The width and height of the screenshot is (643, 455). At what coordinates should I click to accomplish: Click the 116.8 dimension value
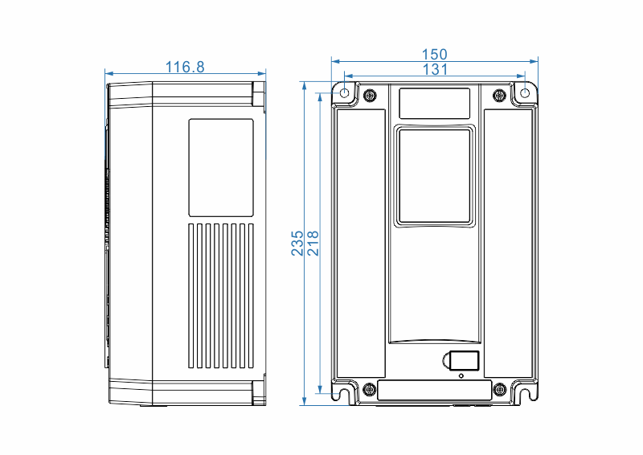coord(185,68)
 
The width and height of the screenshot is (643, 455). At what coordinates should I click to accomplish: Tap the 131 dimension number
coord(435,70)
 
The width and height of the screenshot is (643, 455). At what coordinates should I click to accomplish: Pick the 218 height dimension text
coord(313,244)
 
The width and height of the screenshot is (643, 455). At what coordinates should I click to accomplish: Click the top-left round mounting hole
coord(345,92)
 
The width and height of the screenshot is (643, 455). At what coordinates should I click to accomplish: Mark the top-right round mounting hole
coord(526,92)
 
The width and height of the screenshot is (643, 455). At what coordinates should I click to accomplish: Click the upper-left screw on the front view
coord(370,96)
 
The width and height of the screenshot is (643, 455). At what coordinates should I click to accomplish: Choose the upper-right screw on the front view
coord(499,96)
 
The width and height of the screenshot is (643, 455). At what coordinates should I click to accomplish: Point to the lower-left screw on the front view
coord(370,390)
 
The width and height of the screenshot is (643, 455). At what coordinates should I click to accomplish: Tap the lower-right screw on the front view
coord(499,390)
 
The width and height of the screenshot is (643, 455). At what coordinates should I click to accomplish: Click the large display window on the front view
coord(434,176)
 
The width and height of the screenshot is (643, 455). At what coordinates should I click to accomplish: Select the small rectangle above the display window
coord(435,103)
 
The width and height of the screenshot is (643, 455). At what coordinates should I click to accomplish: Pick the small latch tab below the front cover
coord(464,361)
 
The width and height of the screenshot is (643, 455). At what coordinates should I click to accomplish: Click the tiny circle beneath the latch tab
coord(461,375)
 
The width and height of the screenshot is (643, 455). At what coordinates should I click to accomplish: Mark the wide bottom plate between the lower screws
coord(434,391)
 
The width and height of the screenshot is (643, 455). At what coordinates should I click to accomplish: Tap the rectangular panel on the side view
coord(221,167)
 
